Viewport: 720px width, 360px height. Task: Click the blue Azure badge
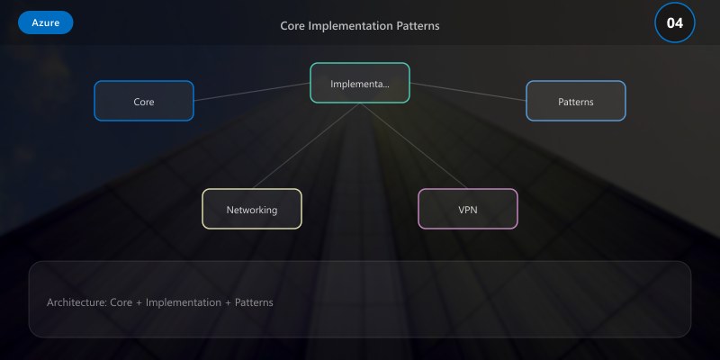point(45,22)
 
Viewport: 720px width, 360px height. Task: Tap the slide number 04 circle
point(675,22)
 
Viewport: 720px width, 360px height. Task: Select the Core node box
point(144,101)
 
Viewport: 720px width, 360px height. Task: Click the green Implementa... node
point(360,83)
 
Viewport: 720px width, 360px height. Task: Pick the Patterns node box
point(576,101)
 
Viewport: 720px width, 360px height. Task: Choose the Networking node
point(252,209)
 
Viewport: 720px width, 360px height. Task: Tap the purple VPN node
point(468,209)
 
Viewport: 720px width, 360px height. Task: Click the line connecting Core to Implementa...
point(252,92)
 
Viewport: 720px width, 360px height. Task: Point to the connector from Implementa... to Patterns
point(468,92)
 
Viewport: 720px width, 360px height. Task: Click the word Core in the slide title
point(292,25)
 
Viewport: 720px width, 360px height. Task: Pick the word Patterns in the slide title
point(418,25)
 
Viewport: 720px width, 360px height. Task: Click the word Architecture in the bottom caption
point(76,302)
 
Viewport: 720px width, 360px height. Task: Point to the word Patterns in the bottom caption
point(254,302)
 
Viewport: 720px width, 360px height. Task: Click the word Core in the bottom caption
point(121,302)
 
